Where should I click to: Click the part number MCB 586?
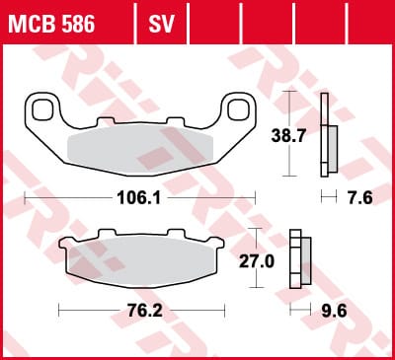[x=51, y=24]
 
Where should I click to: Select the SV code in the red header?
[x=161, y=24]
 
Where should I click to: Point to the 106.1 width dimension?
[x=139, y=198]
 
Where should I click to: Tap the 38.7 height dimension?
[x=288, y=135]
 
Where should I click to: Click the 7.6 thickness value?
[x=360, y=198]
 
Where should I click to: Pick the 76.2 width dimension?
[x=145, y=311]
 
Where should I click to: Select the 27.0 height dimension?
[x=257, y=261]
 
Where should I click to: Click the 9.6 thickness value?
[x=334, y=311]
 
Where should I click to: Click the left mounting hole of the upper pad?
[x=42, y=109]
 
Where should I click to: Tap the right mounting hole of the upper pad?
[x=238, y=109]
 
